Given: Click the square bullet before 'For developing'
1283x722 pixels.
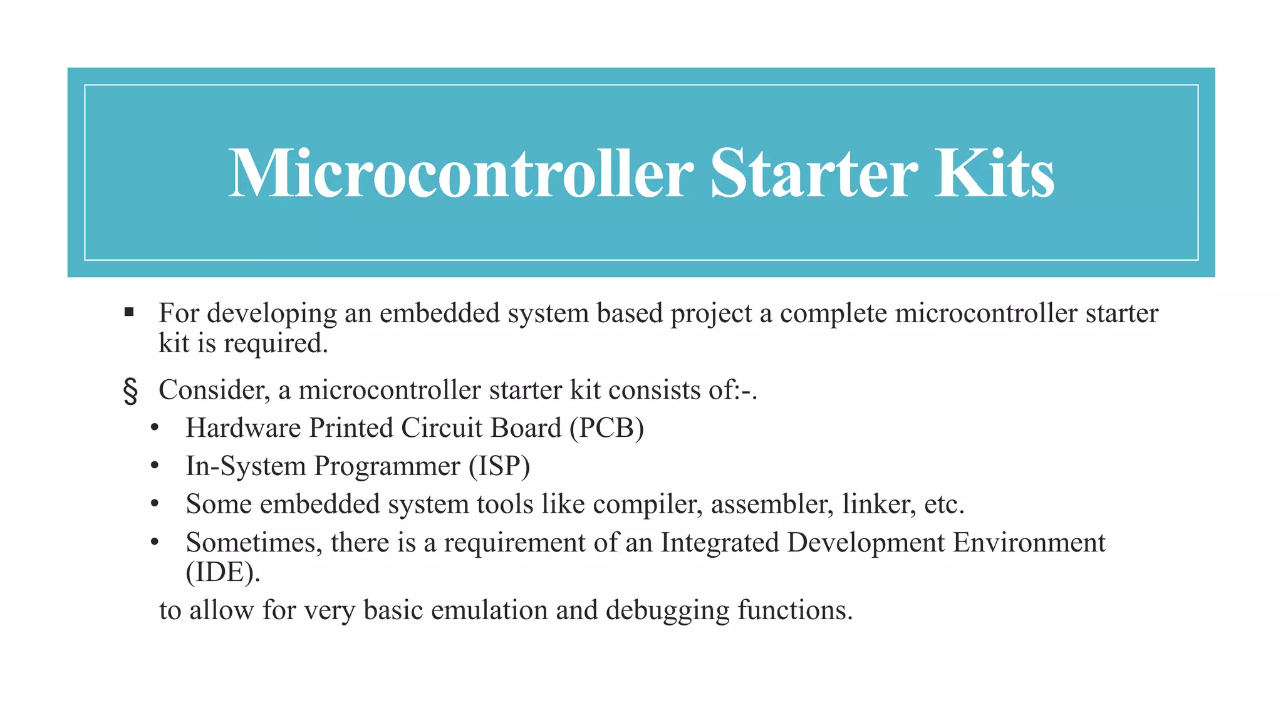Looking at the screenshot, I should [129, 312].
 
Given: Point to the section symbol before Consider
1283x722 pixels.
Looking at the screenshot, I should [130, 390].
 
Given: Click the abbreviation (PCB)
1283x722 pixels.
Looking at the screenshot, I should [606, 428].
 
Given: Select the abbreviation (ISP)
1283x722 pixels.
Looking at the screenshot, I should [499, 466].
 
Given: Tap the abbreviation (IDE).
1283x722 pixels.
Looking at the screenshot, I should [222, 572].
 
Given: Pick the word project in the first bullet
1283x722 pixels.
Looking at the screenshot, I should [711, 314].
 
